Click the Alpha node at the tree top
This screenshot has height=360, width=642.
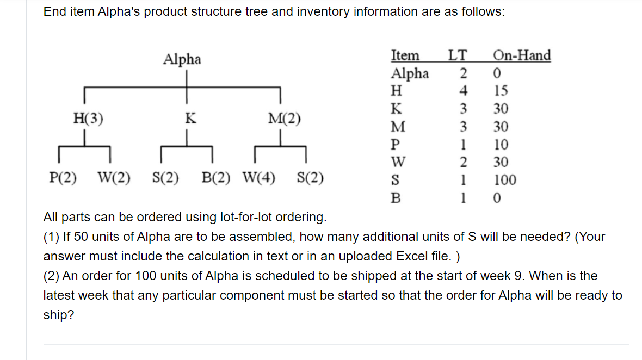(182, 59)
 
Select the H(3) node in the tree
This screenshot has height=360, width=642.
(88, 118)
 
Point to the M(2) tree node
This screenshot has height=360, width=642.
(284, 118)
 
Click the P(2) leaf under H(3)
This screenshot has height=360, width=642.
(63, 177)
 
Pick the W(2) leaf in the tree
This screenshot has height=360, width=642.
(114, 177)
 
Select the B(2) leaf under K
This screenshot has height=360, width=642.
(216, 177)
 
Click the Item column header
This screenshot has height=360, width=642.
(405, 55)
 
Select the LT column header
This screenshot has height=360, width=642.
(457, 55)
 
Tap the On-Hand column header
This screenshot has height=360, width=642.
(521, 55)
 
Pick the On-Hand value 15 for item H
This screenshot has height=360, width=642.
(501, 91)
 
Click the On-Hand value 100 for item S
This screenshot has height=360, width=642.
(505, 180)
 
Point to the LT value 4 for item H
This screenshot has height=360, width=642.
(463, 91)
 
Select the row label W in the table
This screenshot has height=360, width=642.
(398, 162)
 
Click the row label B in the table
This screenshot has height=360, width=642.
(396, 198)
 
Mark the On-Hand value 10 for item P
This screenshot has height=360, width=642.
(501, 145)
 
